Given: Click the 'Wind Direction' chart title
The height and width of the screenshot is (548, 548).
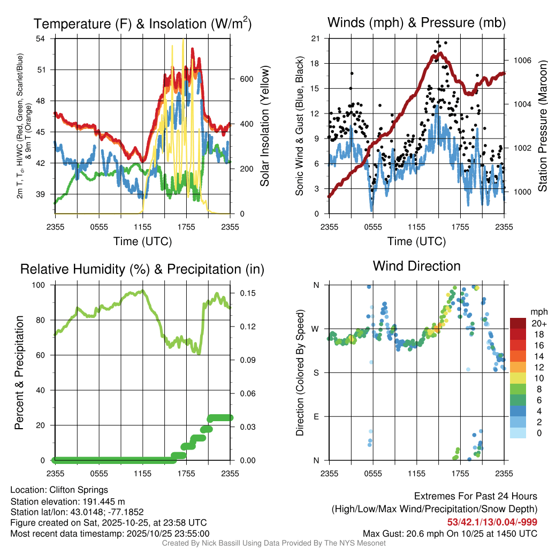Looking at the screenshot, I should (416, 266).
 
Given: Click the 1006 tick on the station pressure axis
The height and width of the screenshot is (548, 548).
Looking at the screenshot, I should (522, 60).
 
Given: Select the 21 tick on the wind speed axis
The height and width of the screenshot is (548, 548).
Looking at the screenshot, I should (315, 39).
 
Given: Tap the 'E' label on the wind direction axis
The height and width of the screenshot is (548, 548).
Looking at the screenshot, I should (316, 416).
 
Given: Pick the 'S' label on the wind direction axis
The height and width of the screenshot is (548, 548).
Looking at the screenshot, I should (316, 372).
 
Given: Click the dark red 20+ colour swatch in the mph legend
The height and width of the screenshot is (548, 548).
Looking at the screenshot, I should (518, 323).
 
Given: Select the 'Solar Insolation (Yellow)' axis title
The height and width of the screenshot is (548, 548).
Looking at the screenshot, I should (265, 126).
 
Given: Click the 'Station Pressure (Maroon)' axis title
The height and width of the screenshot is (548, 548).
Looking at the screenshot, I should (542, 126).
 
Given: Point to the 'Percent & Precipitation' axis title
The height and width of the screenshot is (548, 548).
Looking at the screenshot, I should (19, 372).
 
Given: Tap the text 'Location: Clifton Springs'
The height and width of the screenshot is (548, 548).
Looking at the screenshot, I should (59, 490).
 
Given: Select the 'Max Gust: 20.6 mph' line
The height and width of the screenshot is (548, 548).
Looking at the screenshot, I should (450, 534).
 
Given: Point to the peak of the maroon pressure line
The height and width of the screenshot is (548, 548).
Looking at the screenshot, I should (440, 53).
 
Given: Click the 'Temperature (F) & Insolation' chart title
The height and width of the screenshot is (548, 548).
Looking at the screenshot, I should (142, 24).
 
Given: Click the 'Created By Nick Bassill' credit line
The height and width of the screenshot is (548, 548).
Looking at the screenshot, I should (273, 543).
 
